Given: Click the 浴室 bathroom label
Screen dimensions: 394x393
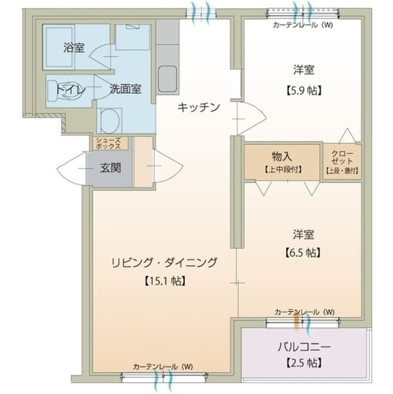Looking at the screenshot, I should [74, 47].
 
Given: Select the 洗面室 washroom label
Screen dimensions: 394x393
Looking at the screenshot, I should [126, 89].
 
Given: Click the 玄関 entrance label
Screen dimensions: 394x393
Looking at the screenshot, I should [111, 167].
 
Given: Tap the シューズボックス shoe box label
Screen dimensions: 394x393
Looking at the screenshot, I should [108, 143].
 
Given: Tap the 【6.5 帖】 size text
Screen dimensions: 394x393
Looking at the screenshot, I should [302, 252].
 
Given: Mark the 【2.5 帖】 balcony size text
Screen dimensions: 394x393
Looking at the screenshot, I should [302, 362].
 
